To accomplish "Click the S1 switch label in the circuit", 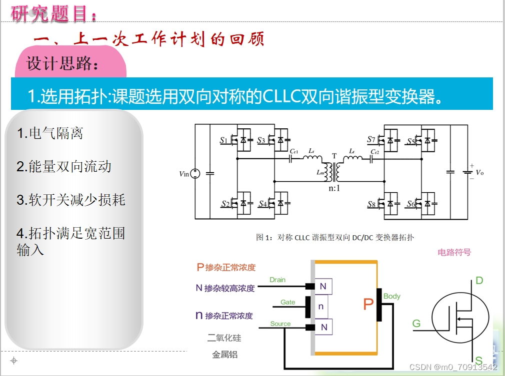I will point(223,141).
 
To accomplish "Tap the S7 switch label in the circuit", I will point(370,140).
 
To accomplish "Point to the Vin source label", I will point(184,174).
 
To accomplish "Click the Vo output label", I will point(479,172).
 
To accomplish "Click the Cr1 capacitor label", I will point(294,150).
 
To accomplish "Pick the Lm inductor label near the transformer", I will point(320,172).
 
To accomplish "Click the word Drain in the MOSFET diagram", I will point(277,280).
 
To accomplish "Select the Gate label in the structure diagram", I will point(287,302).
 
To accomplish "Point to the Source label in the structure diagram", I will point(280,324).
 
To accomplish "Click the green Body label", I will point(392,296).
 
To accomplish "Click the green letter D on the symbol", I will point(479,281).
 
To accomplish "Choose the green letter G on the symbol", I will point(416,324).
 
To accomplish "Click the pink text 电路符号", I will point(454,252).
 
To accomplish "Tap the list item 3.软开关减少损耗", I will point(70,200).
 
